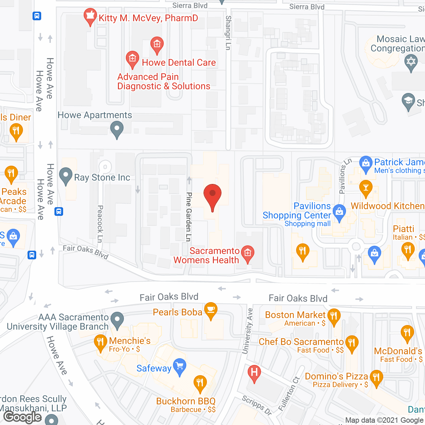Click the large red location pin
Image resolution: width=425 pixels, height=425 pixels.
tap(212, 196)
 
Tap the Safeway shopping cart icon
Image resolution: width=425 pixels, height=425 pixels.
tap(180, 367)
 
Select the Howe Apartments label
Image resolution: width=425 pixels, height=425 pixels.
tap(95, 115)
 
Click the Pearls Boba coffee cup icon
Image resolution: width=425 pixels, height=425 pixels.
tap(211, 310)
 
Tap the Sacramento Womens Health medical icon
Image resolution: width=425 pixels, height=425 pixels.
tap(247, 253)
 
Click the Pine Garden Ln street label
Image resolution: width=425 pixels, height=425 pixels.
tap(189, 216)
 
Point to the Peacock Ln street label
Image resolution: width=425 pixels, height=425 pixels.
tap(100, 224)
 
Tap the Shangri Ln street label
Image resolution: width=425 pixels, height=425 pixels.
tap(228, 33)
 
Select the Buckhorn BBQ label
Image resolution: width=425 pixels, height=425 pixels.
tap(186, 401)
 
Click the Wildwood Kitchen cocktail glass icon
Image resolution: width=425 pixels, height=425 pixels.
tap(366, 188)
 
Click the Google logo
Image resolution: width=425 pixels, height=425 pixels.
tap(23, 417)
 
